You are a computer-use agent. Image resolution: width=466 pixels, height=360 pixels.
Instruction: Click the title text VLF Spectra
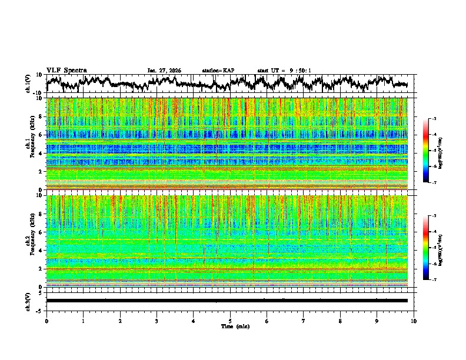coord(66,71)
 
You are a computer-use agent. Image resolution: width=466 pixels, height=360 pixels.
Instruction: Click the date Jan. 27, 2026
coord(164,71)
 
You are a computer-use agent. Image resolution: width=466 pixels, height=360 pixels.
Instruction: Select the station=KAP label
coord(218,71)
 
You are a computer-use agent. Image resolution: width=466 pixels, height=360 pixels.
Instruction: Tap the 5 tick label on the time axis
coord(230,321)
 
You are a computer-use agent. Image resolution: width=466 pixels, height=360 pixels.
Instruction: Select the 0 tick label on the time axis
coord(46,321)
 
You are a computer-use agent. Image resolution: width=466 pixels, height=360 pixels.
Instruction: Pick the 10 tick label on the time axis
coord(414,321)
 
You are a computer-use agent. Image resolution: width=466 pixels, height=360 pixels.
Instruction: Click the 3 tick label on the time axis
coord(157,321)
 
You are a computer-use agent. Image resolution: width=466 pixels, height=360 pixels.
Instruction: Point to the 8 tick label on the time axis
coord(340,321)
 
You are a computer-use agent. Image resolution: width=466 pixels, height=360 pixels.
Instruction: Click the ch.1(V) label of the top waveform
coord(28,84)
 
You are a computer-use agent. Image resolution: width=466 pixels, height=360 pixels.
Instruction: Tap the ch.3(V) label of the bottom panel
coord(28,301)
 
